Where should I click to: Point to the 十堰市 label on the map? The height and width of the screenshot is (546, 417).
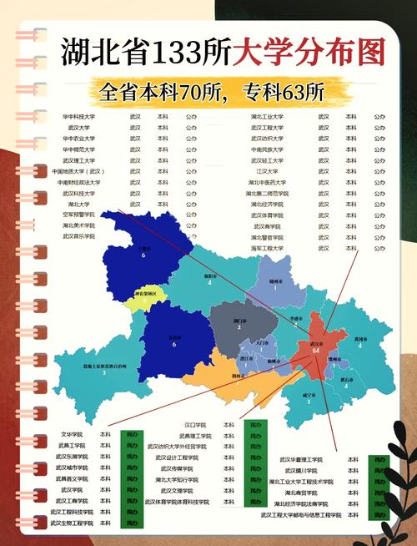(145, 249)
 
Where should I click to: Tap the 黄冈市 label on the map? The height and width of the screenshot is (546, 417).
(361, 339)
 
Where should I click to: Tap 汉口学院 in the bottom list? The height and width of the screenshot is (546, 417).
(194, 425)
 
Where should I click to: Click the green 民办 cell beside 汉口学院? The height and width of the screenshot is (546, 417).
(255, 425)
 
